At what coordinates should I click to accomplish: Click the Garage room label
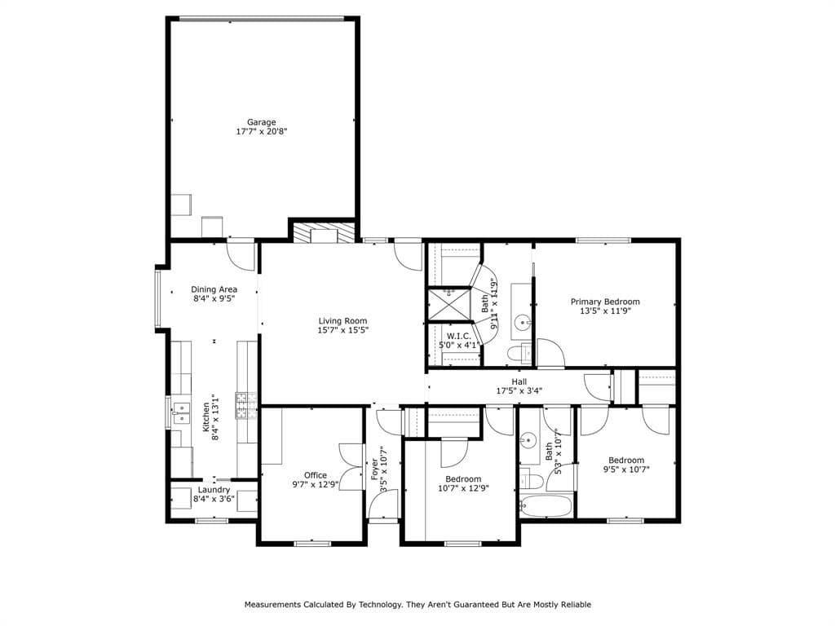coord(261,122)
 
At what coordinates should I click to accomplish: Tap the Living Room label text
coord(343,321)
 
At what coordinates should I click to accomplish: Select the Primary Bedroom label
coord(605,302)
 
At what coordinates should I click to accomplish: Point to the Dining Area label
coord(214,289)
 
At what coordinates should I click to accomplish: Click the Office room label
coord(316,475)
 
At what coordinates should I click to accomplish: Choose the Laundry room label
coord(214,490)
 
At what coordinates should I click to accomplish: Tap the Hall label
coord(519,381)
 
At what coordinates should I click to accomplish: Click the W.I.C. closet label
coord(458,336)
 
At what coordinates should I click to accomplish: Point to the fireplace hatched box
coord(324,232)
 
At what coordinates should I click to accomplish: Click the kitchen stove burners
coord(246,406)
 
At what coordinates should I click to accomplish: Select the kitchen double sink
coord(181,412)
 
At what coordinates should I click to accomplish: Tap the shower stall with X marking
coord(449,305)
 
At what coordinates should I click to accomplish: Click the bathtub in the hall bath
coord(546,505)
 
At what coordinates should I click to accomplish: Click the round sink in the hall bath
coord(529,440)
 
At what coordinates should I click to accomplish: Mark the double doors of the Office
coord(351,465)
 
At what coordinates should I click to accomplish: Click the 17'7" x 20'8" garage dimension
coord(262,131)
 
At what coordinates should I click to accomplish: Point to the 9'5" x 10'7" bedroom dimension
coord(626,469)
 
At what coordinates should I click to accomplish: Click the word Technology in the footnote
coord(380,604)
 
